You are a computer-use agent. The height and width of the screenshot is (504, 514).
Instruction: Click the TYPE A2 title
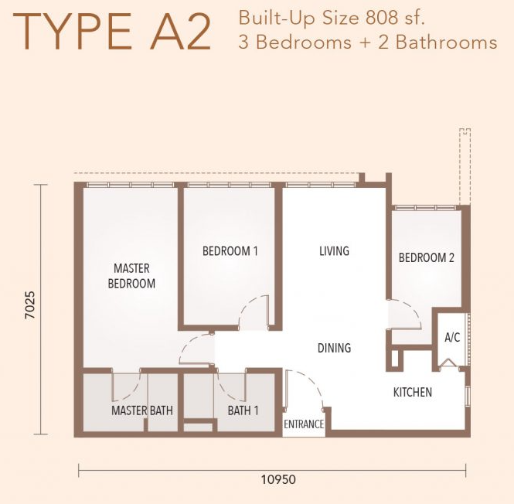(111, 32)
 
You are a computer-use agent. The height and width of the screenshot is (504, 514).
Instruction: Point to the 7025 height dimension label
(30, 305)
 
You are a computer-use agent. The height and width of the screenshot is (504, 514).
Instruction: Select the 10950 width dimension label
(278, 479)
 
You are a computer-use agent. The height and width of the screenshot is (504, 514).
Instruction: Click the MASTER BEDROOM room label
(131, 276)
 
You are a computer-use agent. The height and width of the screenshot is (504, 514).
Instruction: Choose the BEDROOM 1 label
(230, 251)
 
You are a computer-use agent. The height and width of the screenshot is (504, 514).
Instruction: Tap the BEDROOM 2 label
(426, 257)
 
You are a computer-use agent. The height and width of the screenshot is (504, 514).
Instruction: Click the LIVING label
(335, 251)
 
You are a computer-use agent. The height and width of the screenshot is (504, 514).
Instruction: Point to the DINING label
(335, 348)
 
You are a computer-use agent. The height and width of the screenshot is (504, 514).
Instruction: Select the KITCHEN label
(413, 392)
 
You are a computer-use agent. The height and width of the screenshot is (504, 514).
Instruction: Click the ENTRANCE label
(304, 424)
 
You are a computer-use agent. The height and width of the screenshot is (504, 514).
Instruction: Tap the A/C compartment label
(452, 337)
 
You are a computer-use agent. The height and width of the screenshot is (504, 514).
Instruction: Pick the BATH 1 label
(243, 410)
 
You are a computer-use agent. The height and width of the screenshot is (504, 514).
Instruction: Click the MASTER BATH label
(142, 410)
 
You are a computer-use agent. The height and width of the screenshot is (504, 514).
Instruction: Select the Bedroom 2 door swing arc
(414, 310)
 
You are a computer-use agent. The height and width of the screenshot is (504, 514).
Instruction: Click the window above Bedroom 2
(425, 208)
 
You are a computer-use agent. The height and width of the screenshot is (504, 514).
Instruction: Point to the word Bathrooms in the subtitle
(447, 43)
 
